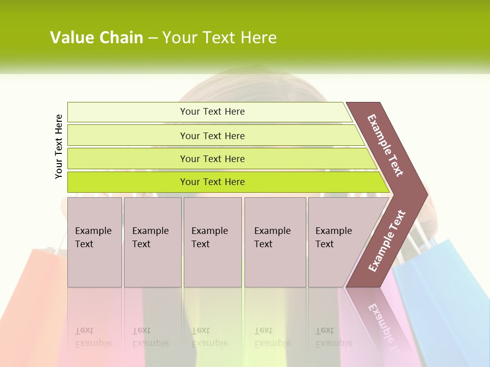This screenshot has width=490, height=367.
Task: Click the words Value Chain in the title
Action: tap(96, 38)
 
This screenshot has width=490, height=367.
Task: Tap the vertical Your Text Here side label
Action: tap(59, 146)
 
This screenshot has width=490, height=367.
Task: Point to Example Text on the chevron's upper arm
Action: tap(385, 145)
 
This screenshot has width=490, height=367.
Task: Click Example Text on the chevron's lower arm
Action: tap(387, 241)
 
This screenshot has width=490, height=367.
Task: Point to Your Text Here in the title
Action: tap(219, 38)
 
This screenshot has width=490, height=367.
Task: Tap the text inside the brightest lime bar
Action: tap(212, 182)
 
